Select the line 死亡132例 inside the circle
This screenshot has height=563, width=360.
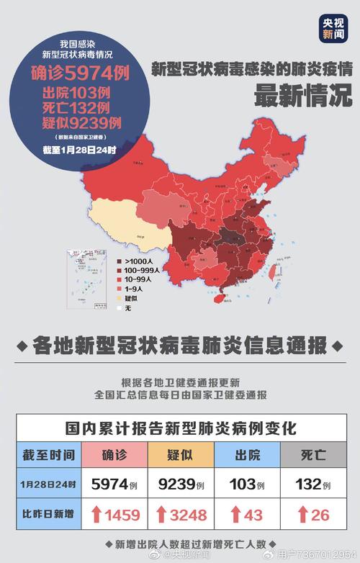tap(76, 107)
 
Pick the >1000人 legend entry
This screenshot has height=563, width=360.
tap(140, 261)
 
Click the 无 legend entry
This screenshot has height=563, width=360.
tap(128, 307)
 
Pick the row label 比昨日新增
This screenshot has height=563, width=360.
tap(48, 515)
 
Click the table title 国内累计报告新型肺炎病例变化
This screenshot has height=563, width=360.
tap(180, 427)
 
